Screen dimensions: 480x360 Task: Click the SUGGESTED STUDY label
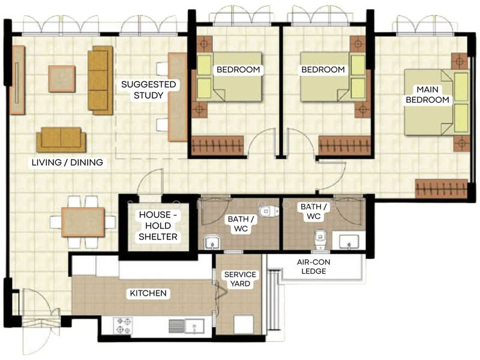[x=148, y=89]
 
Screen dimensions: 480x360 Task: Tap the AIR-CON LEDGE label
[x=313, y=266]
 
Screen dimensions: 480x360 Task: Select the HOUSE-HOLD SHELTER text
[x=158, y=226]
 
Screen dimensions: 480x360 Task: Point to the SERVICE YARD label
[x=240, y=279]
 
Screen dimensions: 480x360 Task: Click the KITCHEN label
[x=148, y=293]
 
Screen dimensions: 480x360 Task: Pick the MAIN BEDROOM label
[x=427, y=95]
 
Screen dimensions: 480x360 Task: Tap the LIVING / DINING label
[x=67, y=162]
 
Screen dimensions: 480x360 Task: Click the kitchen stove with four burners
[x=123, y=325]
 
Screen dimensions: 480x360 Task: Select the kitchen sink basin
[x=194, y=326]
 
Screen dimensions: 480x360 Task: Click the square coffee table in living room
[x=62, y=79]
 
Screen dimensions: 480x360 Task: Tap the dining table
[x=83, y=222]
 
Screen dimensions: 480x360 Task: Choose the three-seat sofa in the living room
[x=100, y=80]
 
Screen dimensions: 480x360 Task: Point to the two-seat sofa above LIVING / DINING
[x=61, y=140]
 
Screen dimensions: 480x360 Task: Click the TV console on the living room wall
[x=17, y=80]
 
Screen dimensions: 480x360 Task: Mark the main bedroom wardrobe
[x=441, y=188]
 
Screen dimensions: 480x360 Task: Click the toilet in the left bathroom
[x=268, y=211]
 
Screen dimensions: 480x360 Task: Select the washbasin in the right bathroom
[x=349, y=241]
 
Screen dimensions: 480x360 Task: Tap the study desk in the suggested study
[x=178, y=97]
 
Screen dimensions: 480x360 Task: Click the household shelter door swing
[x=151, y=183]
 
